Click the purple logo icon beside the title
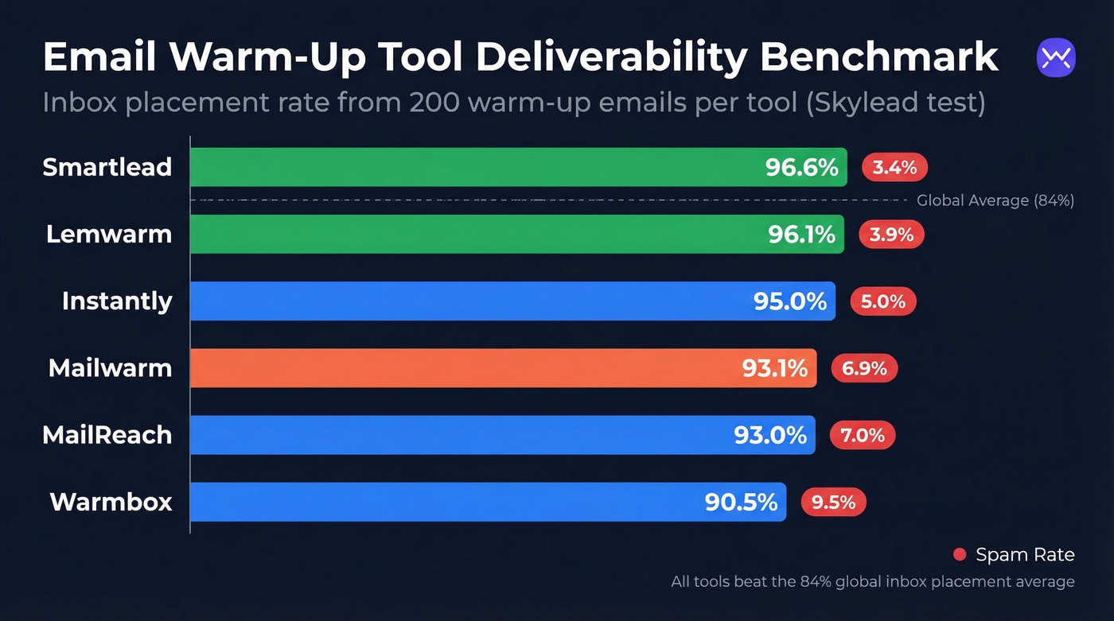click(x=1056, y=58)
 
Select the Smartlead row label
click(x=107, y=167)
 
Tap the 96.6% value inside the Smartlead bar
click(x=801, y=168)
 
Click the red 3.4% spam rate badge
click(x=894, y=168)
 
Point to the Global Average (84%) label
click(x=995, y=200)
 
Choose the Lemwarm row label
click(x=108, y=234)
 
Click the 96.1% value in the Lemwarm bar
click(x=801, y=235)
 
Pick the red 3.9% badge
click(x=891, y=235)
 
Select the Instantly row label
click(x=117, y=301)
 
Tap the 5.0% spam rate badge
click(x=883, y=301)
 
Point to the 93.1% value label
click(x=774, y=368)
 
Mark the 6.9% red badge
click(x=864, y=368)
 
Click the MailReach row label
click(x=107, y=435)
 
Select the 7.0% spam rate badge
click(x=863, y=435)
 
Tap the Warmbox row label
click(x=111, y=502)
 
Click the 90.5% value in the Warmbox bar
click(x=740, y=503)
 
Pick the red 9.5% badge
click(x=833, y=502)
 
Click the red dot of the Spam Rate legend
click(x=960, y=554)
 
